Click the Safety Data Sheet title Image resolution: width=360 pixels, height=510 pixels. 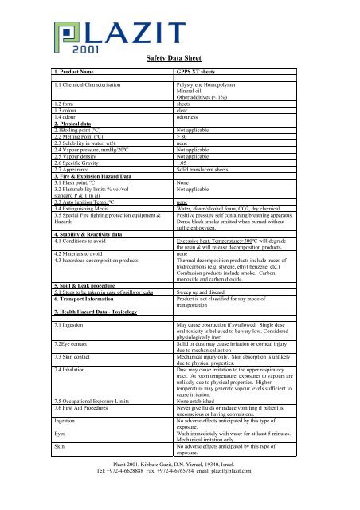(180, 58)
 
